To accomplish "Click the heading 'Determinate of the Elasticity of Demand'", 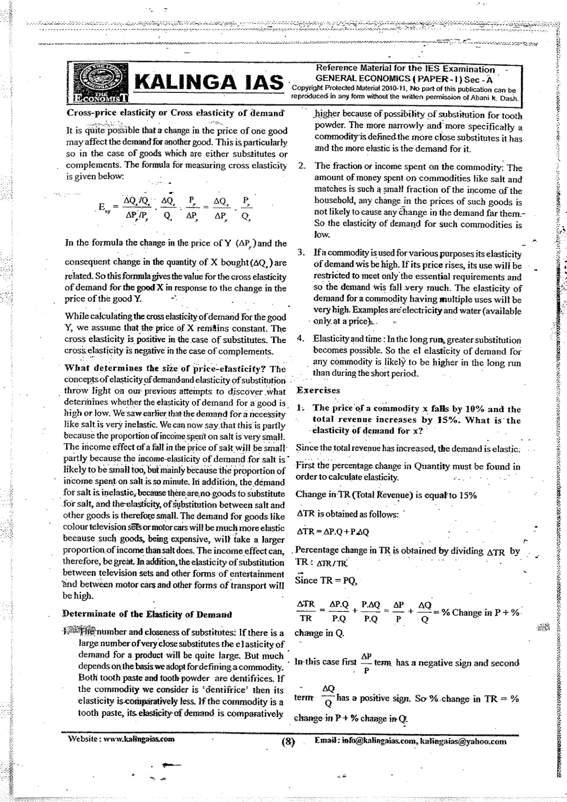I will coord(147,614).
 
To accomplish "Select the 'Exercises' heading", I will coord(318,390).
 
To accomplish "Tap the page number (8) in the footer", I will coord(289,742).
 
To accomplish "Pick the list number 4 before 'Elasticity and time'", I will coord(300,339).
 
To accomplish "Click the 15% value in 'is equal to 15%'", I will coord(468,495).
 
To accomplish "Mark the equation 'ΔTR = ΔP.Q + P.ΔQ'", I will coord(333,531).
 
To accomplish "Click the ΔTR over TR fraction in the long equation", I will coord(306,611).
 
